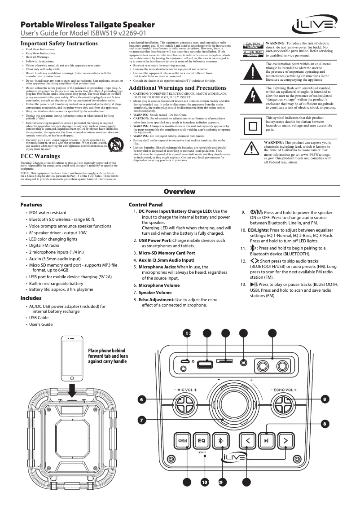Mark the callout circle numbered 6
point(142,399)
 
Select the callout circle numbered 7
point(142,420)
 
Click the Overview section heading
point(180,192)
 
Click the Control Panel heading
point(145,205)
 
